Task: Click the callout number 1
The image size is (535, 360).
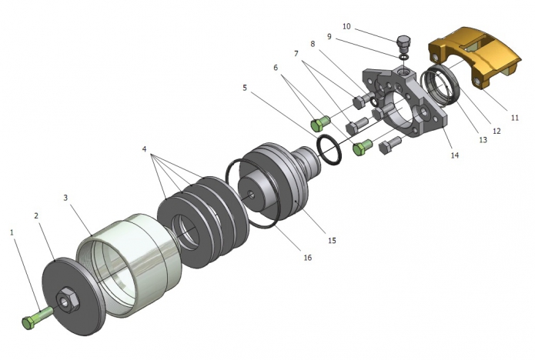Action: (x=12, y=231)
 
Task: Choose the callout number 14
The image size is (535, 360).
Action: (x=455, y=155)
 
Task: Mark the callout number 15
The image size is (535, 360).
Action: (x=332, y=241)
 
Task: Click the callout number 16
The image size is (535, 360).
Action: (x=307, y=258)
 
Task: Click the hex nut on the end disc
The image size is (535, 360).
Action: (x=66, y=297)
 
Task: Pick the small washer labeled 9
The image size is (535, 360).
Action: (x=402, y=55)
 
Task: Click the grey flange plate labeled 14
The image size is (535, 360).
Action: (x=416, y=108)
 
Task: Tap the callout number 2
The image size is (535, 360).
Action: (x=36, y=216)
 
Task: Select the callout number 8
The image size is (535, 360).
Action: (x=313, y=45)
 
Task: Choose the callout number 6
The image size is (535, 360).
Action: (x=276, y=68)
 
